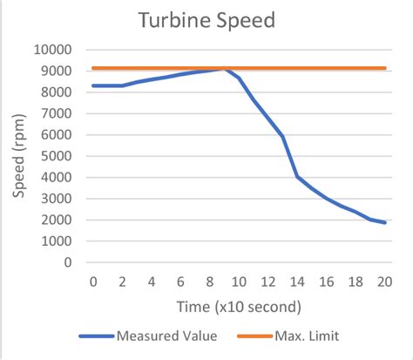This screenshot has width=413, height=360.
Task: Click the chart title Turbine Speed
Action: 206,20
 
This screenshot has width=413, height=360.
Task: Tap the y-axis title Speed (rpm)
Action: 19,154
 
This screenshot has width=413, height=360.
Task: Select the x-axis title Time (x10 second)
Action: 239,306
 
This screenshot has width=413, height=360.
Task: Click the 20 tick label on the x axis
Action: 384,282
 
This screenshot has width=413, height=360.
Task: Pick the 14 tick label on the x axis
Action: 296,282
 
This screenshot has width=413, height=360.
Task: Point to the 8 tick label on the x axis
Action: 210,282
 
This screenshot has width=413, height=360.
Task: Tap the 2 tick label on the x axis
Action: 122,282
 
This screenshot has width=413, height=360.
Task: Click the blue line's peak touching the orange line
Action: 225,69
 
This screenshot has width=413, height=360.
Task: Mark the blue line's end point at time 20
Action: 384,222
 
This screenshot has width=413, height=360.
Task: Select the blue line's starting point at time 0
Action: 93,85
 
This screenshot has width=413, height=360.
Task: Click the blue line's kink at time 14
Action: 297,176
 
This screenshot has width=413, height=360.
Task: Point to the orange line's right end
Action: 384,68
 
